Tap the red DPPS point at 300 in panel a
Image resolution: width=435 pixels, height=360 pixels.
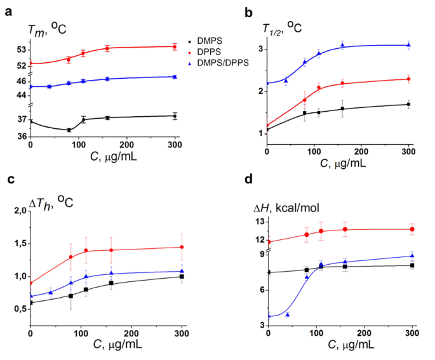(175, 46)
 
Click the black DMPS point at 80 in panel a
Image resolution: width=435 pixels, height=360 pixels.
(69, 130)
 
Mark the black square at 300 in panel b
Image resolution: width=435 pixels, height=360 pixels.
(409, 104)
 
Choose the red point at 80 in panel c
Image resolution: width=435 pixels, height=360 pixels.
(70, 257)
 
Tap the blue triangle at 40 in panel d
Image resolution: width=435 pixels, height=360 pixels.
(288, 315)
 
